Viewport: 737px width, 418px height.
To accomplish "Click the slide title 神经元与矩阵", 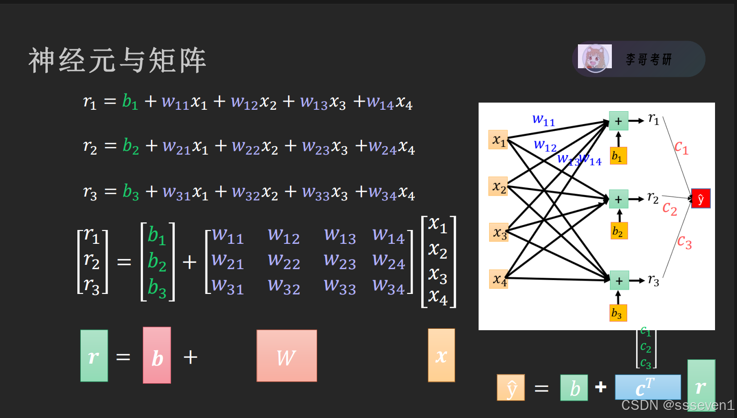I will point(117,61).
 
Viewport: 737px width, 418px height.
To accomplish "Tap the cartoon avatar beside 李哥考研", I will point(595,58).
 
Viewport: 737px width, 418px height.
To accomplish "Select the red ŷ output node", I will point(701,199).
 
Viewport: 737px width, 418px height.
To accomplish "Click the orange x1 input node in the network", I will point(498,140).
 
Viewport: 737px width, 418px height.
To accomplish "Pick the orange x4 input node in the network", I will point(499,279).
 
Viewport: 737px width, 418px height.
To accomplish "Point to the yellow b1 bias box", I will point(618,156).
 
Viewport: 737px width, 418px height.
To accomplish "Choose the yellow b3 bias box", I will point(618,313).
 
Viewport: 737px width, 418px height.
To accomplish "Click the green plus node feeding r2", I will point(619,199).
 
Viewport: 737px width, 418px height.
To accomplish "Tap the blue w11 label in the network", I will point(544,119).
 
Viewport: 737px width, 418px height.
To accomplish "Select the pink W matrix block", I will point(287,356).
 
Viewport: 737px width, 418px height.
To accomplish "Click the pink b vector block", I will point(157,355).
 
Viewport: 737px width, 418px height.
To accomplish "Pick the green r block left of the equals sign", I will point(94,356).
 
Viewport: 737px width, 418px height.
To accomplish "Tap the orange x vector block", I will point(441,355).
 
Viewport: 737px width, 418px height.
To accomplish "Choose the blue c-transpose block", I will point(648,387).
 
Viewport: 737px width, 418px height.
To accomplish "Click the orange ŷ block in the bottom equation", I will point(511,387).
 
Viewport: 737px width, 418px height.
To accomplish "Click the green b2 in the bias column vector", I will point(157,262).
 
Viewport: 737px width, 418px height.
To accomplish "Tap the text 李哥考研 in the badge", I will point(649,59).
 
